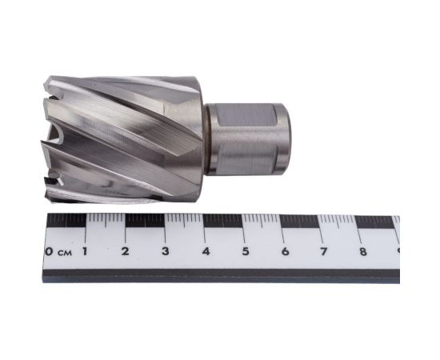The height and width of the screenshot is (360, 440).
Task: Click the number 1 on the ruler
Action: [x=86, y=253]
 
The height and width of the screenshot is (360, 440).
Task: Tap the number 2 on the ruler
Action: [x=126, y=253]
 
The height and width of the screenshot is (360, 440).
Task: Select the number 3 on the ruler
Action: [x=166, y=253]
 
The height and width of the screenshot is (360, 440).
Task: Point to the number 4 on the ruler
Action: [x=206, y=253]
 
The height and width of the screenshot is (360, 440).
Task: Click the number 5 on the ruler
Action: [x=246, y=253]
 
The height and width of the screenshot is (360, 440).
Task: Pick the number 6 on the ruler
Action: [x=286, y=253]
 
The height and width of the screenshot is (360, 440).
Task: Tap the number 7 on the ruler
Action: [x=325, y=253]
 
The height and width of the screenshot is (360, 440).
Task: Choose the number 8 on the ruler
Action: [x=364, y=253]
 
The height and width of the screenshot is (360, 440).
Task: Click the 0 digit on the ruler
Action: [x=50, y=253]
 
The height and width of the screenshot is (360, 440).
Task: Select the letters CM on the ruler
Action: [x=64, y=254]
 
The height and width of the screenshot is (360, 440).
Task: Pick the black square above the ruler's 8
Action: [x=375, y=222]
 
